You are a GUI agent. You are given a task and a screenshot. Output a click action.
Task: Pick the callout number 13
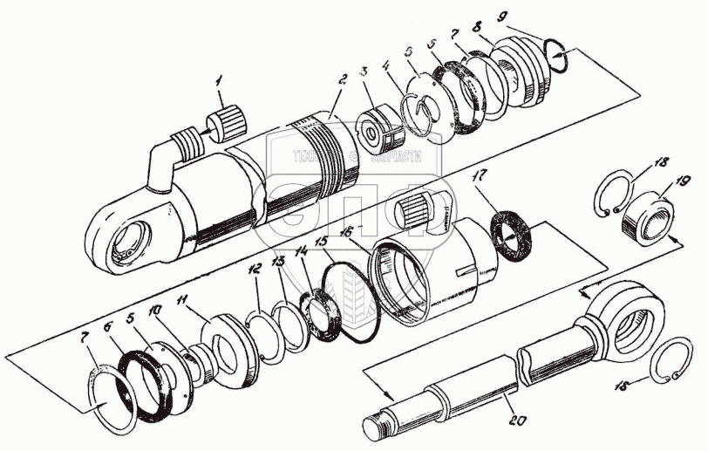click(x=278, y=261)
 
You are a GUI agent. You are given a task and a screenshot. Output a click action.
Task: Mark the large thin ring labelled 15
click(x=352, y=302)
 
